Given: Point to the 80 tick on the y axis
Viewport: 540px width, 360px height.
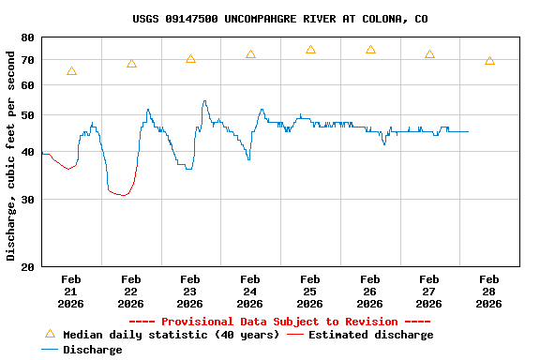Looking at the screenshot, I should [27, 37].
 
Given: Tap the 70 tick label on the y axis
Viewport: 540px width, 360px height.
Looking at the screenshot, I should [27, 59].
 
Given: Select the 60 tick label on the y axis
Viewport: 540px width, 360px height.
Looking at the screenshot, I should [27, 85].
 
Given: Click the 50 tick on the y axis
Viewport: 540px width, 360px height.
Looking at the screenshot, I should [27, 115].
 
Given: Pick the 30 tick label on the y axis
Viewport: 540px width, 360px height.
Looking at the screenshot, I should [27, 200].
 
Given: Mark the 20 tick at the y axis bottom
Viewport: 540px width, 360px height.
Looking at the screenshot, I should [27, 267].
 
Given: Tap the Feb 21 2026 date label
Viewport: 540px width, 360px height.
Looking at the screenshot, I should [71, 292].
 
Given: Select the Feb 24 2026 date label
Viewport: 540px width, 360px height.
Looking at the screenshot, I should [249, 292].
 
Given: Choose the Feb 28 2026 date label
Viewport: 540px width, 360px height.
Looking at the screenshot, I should [488, 292].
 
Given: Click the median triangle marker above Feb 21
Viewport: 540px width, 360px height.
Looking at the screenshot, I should [71, 71].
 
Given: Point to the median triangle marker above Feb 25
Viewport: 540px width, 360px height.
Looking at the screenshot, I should [310, 50].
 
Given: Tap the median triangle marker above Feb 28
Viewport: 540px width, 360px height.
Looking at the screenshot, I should [489, 61].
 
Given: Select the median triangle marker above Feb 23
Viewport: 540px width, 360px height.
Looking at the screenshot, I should [190, 59].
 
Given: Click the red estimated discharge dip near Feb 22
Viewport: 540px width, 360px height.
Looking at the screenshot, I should [122, 194].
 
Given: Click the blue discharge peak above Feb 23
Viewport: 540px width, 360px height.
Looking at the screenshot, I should [204, 102].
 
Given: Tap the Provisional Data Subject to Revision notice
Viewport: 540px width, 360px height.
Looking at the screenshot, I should [279, 322].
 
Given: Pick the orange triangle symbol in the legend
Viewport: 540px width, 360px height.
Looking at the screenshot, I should [50, 334].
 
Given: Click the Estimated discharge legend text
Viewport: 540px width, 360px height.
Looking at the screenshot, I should [370, 335].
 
